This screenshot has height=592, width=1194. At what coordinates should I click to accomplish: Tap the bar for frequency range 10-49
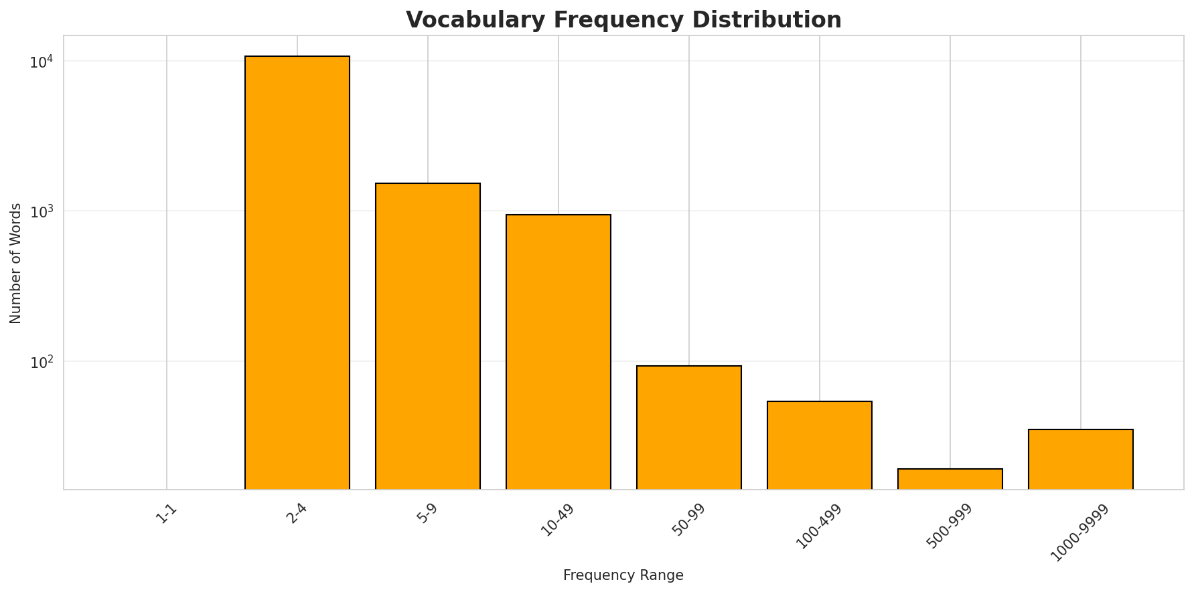[558, 352]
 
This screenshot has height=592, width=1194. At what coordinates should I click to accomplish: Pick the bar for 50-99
[689, 427]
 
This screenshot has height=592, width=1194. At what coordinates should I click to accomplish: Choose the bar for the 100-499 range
[820, 446]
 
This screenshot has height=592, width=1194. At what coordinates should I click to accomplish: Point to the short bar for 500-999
[950, 479]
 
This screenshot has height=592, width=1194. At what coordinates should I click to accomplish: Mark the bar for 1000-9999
[1081, 460]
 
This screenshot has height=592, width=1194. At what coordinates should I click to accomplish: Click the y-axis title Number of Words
[16, 263]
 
